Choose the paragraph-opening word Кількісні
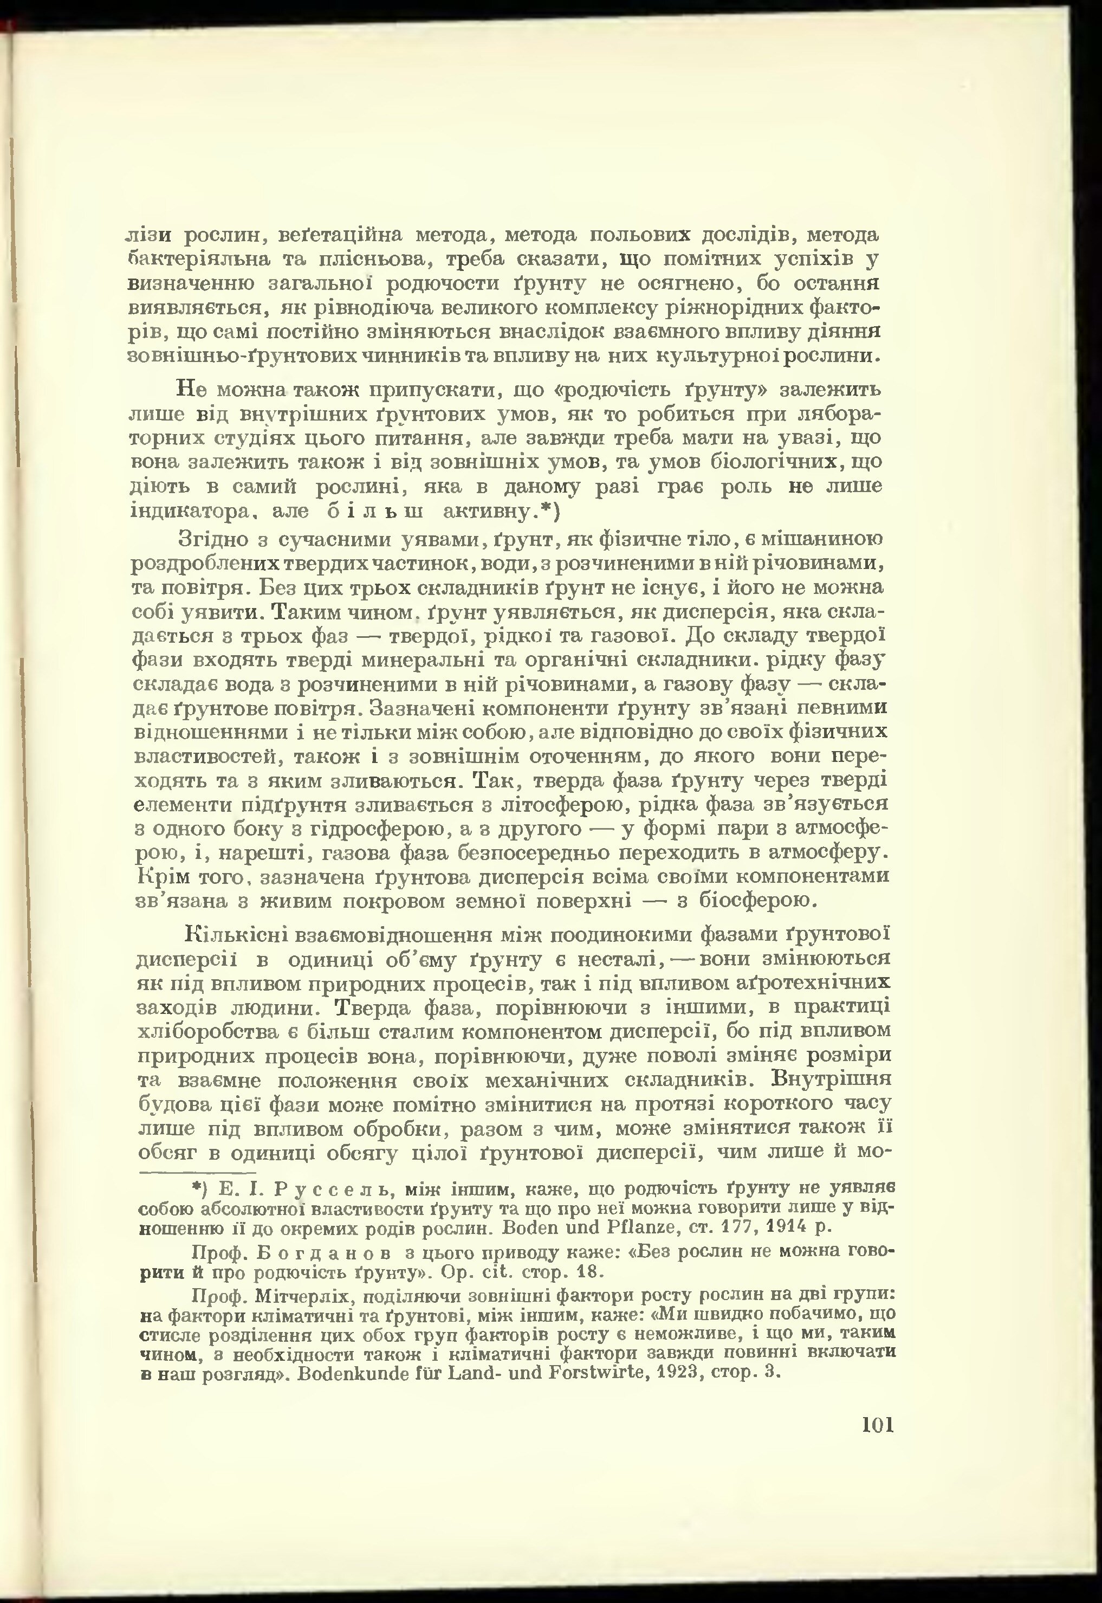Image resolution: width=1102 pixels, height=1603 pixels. coord(235,935)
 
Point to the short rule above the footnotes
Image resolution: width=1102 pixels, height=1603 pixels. coord(197,1172)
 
